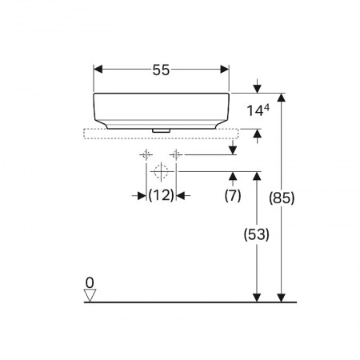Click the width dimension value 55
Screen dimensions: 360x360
[x=161, y=70]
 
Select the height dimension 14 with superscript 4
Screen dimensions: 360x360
[x=258, y=110]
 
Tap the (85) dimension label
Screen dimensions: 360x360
[x=282, y=198]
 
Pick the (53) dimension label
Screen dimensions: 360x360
[x=257, y=234]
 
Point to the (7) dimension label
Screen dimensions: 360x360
[x=233, y=195]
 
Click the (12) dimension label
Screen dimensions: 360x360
[x=161, y=195]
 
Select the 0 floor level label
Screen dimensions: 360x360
[x=90, y=282]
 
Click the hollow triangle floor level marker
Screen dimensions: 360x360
[x=90, y=295]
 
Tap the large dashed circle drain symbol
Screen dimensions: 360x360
[x=161, y=171]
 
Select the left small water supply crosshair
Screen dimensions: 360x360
[x=146, y=154]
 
